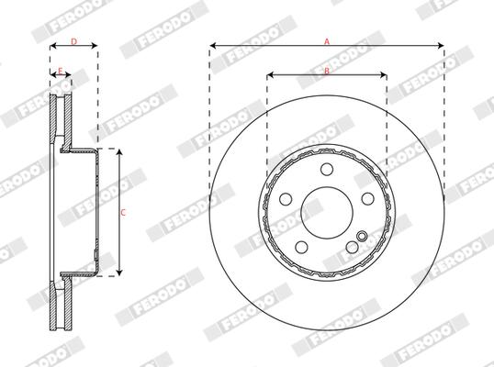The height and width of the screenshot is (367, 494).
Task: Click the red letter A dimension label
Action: [326, 40]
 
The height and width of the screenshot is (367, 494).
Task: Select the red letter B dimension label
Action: [326, 71]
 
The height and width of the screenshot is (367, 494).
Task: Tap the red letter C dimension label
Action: [124, 212]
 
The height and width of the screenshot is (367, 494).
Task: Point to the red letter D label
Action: [73, 41]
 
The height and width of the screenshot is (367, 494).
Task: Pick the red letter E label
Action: [61, 71]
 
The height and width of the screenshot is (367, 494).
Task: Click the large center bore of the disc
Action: [326, 212]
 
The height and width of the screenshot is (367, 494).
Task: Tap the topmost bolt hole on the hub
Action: [326, 168]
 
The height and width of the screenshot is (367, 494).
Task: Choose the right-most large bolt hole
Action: [368, 199]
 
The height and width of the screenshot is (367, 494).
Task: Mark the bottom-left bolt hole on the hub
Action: [300, 248]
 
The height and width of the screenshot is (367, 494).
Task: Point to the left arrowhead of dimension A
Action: [212, 45]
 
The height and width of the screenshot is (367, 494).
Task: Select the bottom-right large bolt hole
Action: [353, 248]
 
